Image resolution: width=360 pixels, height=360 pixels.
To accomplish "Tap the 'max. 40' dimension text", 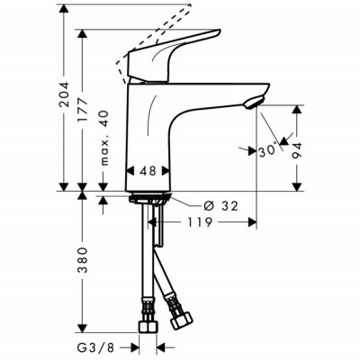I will pos(105,138).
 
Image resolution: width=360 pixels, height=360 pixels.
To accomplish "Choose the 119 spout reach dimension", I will pos(201,220).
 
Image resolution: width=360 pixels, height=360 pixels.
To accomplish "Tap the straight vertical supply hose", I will pos(146,261).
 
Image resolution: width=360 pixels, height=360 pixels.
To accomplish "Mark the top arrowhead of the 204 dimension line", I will pos(63,11).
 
